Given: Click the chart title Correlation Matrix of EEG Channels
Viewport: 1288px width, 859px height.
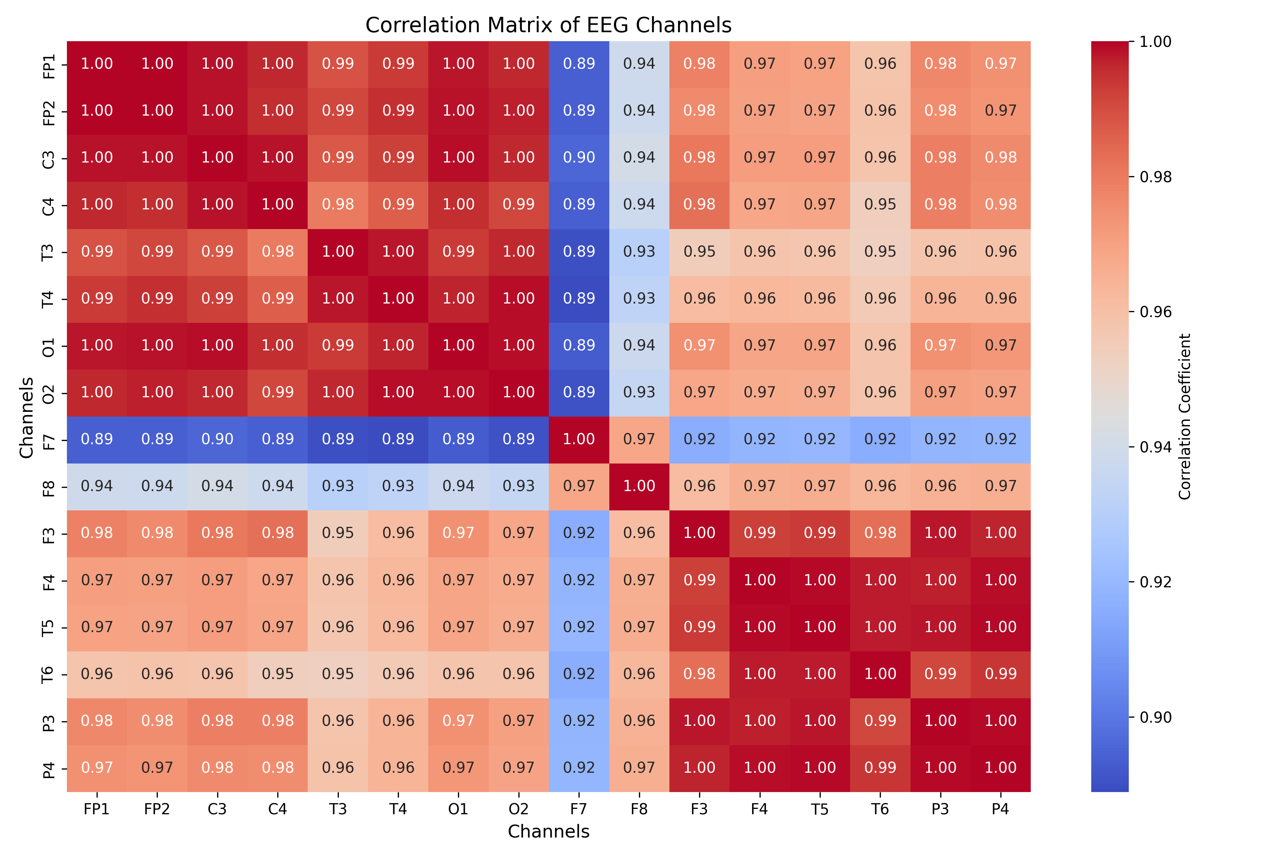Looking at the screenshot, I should (x=548, y=25).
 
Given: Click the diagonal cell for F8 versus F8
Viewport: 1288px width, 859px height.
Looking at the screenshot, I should (x=639, y=486).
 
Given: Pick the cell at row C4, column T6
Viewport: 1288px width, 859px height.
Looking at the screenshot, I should (x=880, y=205).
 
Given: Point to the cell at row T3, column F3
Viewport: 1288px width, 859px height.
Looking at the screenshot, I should (x=699, y=252).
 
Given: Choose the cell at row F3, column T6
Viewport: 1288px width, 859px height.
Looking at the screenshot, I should (x=880, y=533).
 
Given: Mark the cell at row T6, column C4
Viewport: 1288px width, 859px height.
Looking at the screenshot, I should (x=278, y=674).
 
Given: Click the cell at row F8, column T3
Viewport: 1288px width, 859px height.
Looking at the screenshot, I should (x=338, y=486).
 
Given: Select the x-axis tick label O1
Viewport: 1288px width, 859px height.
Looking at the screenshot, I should (x=458, y=809).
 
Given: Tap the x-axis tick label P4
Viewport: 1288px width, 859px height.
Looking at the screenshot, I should (x=1000, y=809).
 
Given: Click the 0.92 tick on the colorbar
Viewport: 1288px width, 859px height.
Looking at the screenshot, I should (x=1156, y=582).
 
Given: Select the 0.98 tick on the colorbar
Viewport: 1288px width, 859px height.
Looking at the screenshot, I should (x=1156, y=177).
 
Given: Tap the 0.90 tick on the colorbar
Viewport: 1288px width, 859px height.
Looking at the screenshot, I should (x=1156, y=717).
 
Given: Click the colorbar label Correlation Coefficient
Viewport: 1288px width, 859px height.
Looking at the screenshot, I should (x=1185, y=416).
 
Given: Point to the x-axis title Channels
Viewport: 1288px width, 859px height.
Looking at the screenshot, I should (x=548, y=831).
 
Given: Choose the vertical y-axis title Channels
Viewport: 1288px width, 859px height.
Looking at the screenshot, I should (x=26, y=417).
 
